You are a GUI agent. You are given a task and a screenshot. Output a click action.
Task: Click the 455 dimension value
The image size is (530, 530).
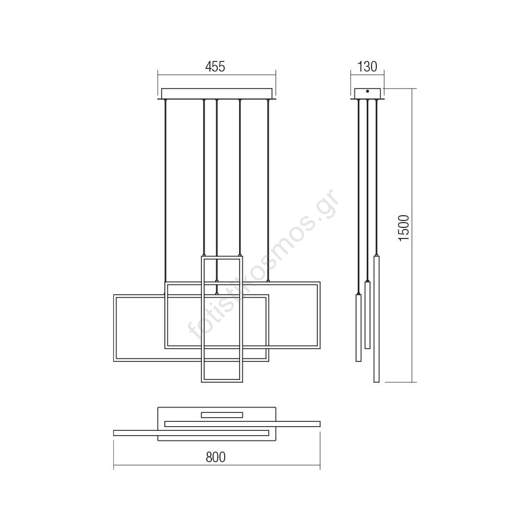[215, 67]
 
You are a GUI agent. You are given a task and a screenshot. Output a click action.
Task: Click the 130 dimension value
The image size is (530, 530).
[367, 67]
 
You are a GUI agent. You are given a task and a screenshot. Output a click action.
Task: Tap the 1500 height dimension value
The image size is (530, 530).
[404, 227]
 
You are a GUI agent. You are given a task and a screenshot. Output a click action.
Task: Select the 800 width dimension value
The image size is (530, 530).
[215, 457]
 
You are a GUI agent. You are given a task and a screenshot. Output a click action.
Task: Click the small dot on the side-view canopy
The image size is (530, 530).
[367, 91]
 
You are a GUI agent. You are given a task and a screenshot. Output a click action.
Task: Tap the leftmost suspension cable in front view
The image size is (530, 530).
[165, 191]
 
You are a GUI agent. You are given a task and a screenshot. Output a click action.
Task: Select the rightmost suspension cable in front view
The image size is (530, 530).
[268, 191]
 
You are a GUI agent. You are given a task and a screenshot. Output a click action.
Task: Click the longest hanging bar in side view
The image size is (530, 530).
[376, 319]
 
